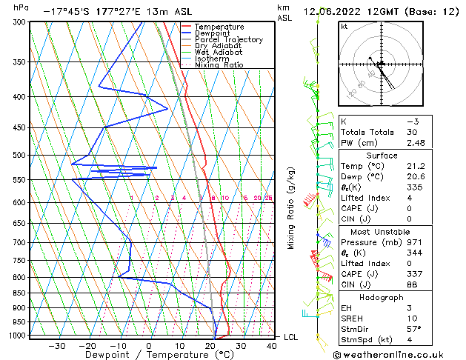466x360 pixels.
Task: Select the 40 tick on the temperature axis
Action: [x=272, y=345]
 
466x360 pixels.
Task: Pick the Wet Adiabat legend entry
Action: [x=217, y=53]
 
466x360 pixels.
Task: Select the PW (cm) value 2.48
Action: [x=418, y=143]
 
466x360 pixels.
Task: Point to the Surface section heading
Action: [x=397, y=156]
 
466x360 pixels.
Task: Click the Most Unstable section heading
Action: [x=397, y=232]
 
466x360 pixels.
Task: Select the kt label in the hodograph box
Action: [x=344, y=27]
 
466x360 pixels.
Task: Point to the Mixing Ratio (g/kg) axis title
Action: [x=291, y=208]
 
